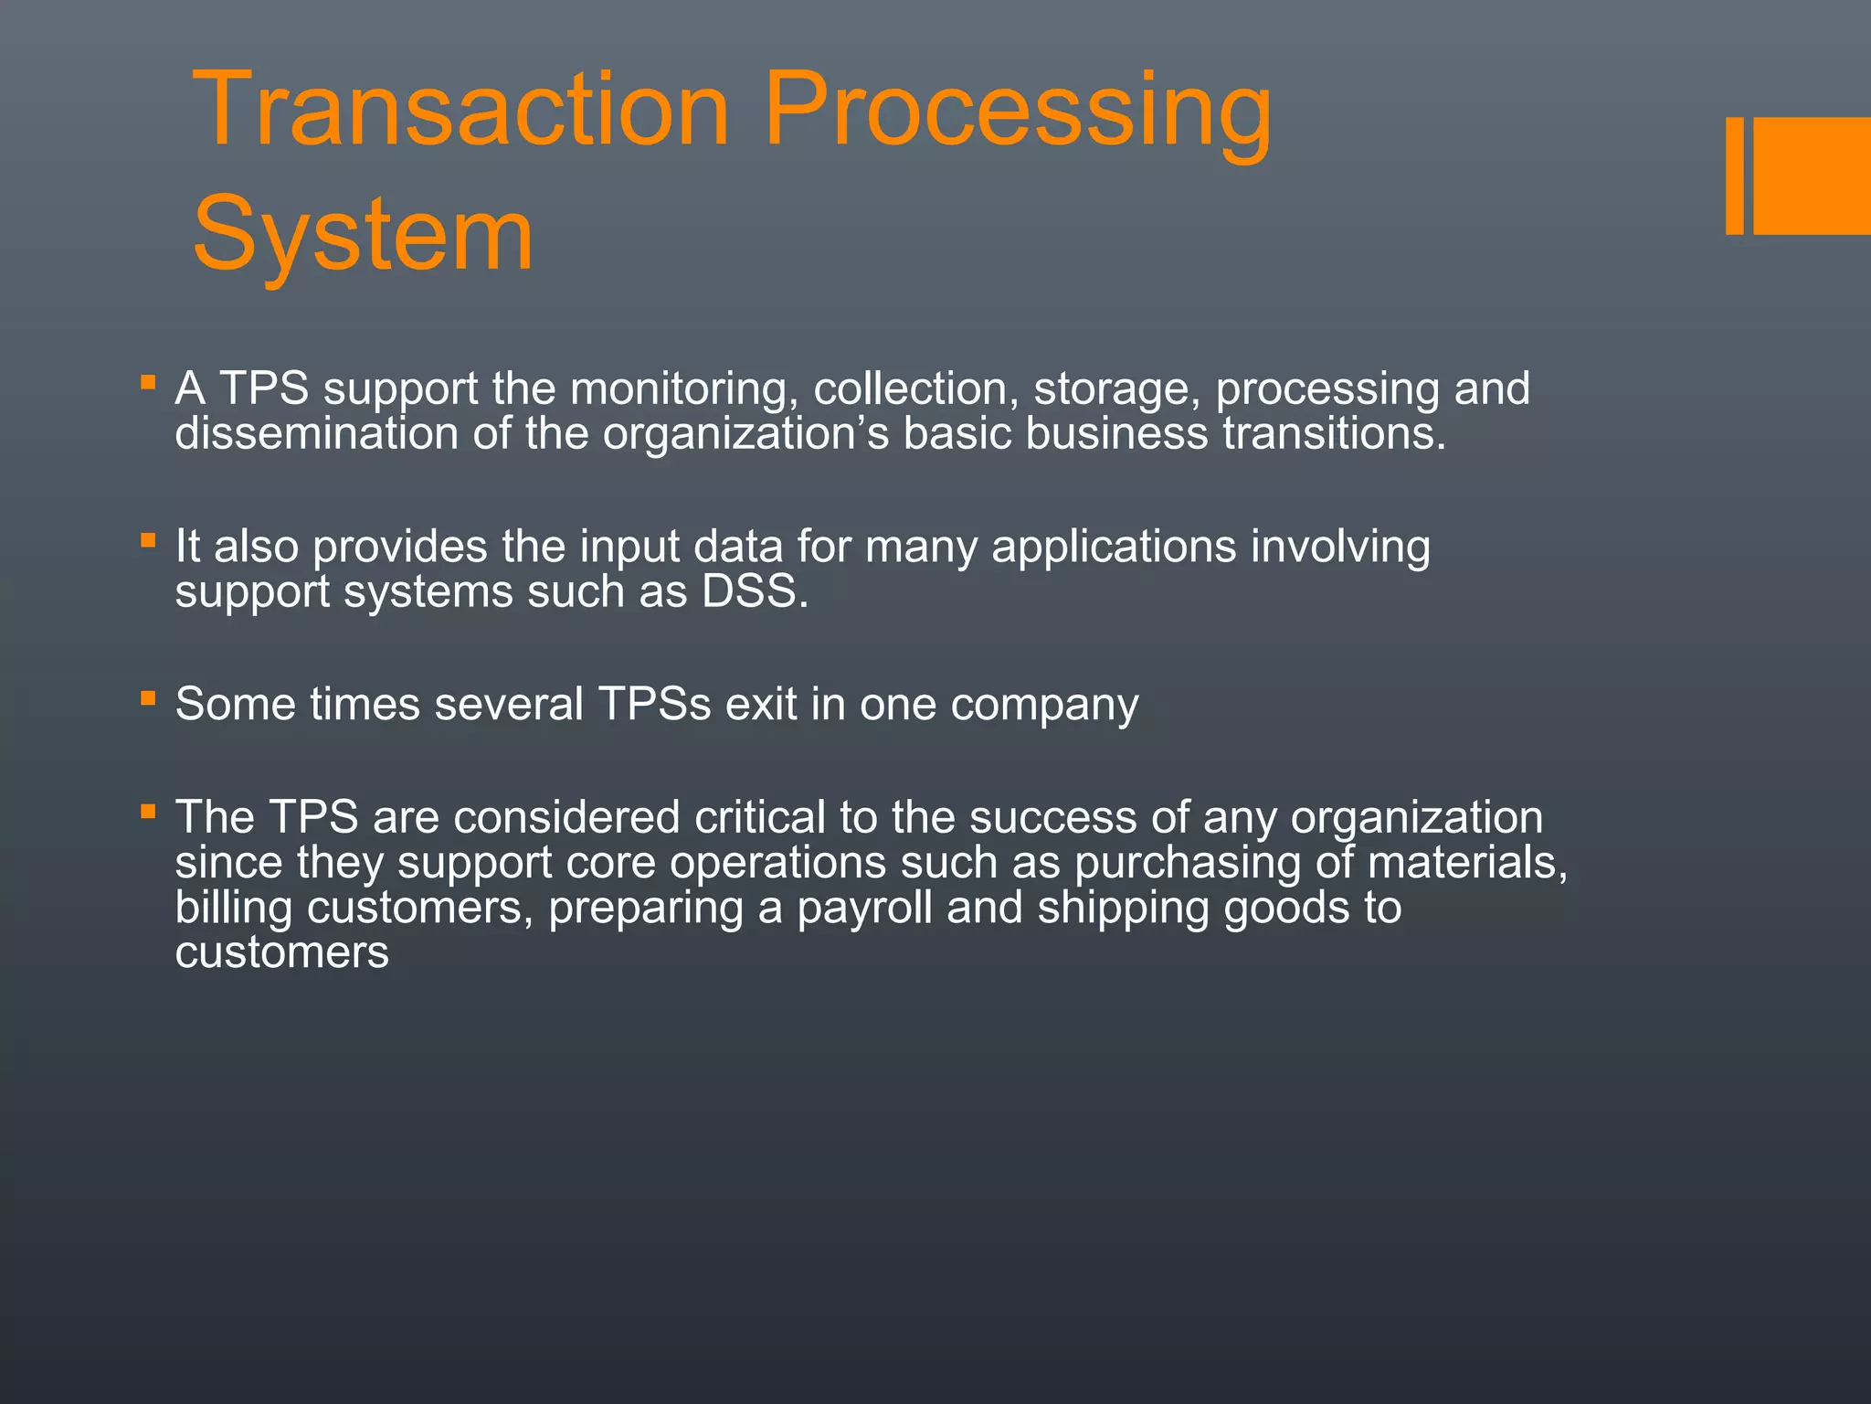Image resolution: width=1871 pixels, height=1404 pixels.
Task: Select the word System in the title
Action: (x=363, y=236)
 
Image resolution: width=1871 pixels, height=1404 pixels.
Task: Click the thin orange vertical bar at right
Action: (x=1734, y=175)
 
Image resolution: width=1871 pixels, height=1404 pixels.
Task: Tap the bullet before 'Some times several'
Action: (x=148, y=697)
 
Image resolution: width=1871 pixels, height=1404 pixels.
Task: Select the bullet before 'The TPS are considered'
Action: (x=148, y=810)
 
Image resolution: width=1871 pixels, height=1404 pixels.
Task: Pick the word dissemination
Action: (x=316, y=433)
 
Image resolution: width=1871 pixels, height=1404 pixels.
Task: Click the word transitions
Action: (x=1334, y=433)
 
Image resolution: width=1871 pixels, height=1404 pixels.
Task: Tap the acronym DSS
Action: (x=754, y=591)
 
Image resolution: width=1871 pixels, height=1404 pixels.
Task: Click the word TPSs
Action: (x=654, y=705)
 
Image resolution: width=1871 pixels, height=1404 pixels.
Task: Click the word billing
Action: (x=234, y=909)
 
